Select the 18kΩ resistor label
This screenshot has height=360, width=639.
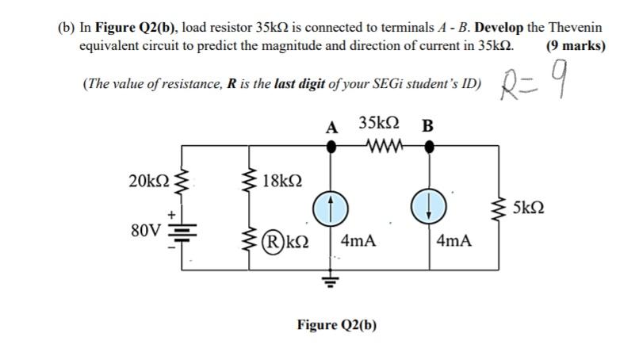point(284,179)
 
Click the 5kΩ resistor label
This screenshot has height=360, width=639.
point(529,209)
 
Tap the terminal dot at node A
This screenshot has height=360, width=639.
point(331,147)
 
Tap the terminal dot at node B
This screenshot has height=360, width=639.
point(429,147)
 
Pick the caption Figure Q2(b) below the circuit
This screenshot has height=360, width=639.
point(336,325)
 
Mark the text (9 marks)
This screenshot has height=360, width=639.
point(576,45)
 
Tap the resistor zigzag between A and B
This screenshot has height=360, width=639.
point(384,146)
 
